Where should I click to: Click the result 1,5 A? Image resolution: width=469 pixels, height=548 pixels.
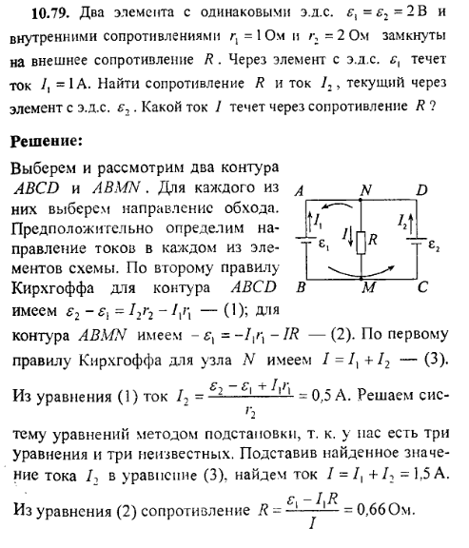(436, 470)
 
